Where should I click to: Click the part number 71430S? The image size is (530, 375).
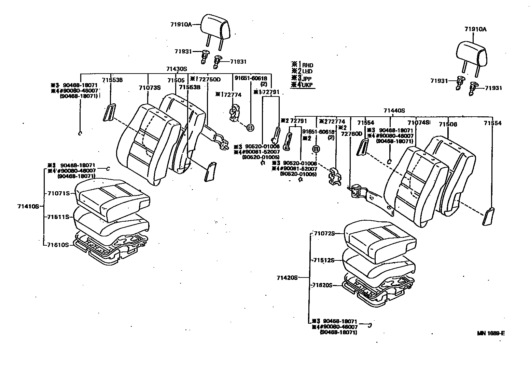click(177, 69)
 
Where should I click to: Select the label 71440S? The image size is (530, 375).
click(394, 111)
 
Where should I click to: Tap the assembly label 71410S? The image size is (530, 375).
click(28, 206)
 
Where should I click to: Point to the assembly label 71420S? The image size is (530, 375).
click(287, 277)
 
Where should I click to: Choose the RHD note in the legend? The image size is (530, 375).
click(307, 65)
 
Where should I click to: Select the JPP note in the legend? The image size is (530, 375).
click(307, 78)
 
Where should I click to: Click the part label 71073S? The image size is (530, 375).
click(150, 88)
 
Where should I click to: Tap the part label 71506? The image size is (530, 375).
click(448, 124)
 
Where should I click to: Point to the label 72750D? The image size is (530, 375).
click(209, 80)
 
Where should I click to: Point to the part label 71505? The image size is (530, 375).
click(176, 80)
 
